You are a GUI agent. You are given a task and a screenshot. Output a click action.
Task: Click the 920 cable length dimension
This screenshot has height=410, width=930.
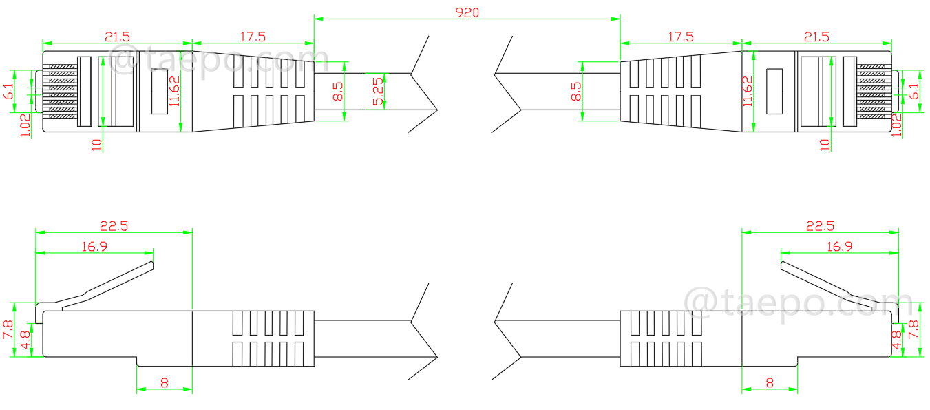(467, 12)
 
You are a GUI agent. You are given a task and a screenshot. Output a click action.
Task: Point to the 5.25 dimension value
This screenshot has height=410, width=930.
(378, 90)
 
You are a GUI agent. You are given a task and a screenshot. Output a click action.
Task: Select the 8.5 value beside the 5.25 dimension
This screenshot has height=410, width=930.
(338, 91)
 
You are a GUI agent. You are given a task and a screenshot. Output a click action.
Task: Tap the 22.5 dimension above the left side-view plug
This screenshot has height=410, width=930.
(114, 225)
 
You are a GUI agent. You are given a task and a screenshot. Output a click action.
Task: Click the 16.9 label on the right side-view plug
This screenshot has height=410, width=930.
(838, 246)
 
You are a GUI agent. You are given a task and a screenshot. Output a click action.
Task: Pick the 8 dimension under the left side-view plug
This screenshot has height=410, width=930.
(164, 382)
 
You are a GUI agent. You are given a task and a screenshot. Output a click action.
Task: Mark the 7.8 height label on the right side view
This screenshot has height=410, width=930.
(916, 329)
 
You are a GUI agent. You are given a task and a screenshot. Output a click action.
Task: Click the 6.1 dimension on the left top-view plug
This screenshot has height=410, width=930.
(8, 90)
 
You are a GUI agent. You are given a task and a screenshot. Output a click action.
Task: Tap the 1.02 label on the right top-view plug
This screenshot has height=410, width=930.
(897, 125)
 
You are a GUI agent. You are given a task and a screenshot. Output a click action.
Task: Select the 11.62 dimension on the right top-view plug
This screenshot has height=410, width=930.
(748, 91)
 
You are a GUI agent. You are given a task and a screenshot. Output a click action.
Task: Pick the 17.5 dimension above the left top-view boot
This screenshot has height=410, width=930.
(253, 36)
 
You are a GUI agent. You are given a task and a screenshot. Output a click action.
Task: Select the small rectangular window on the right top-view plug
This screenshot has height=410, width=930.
(775, 90)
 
